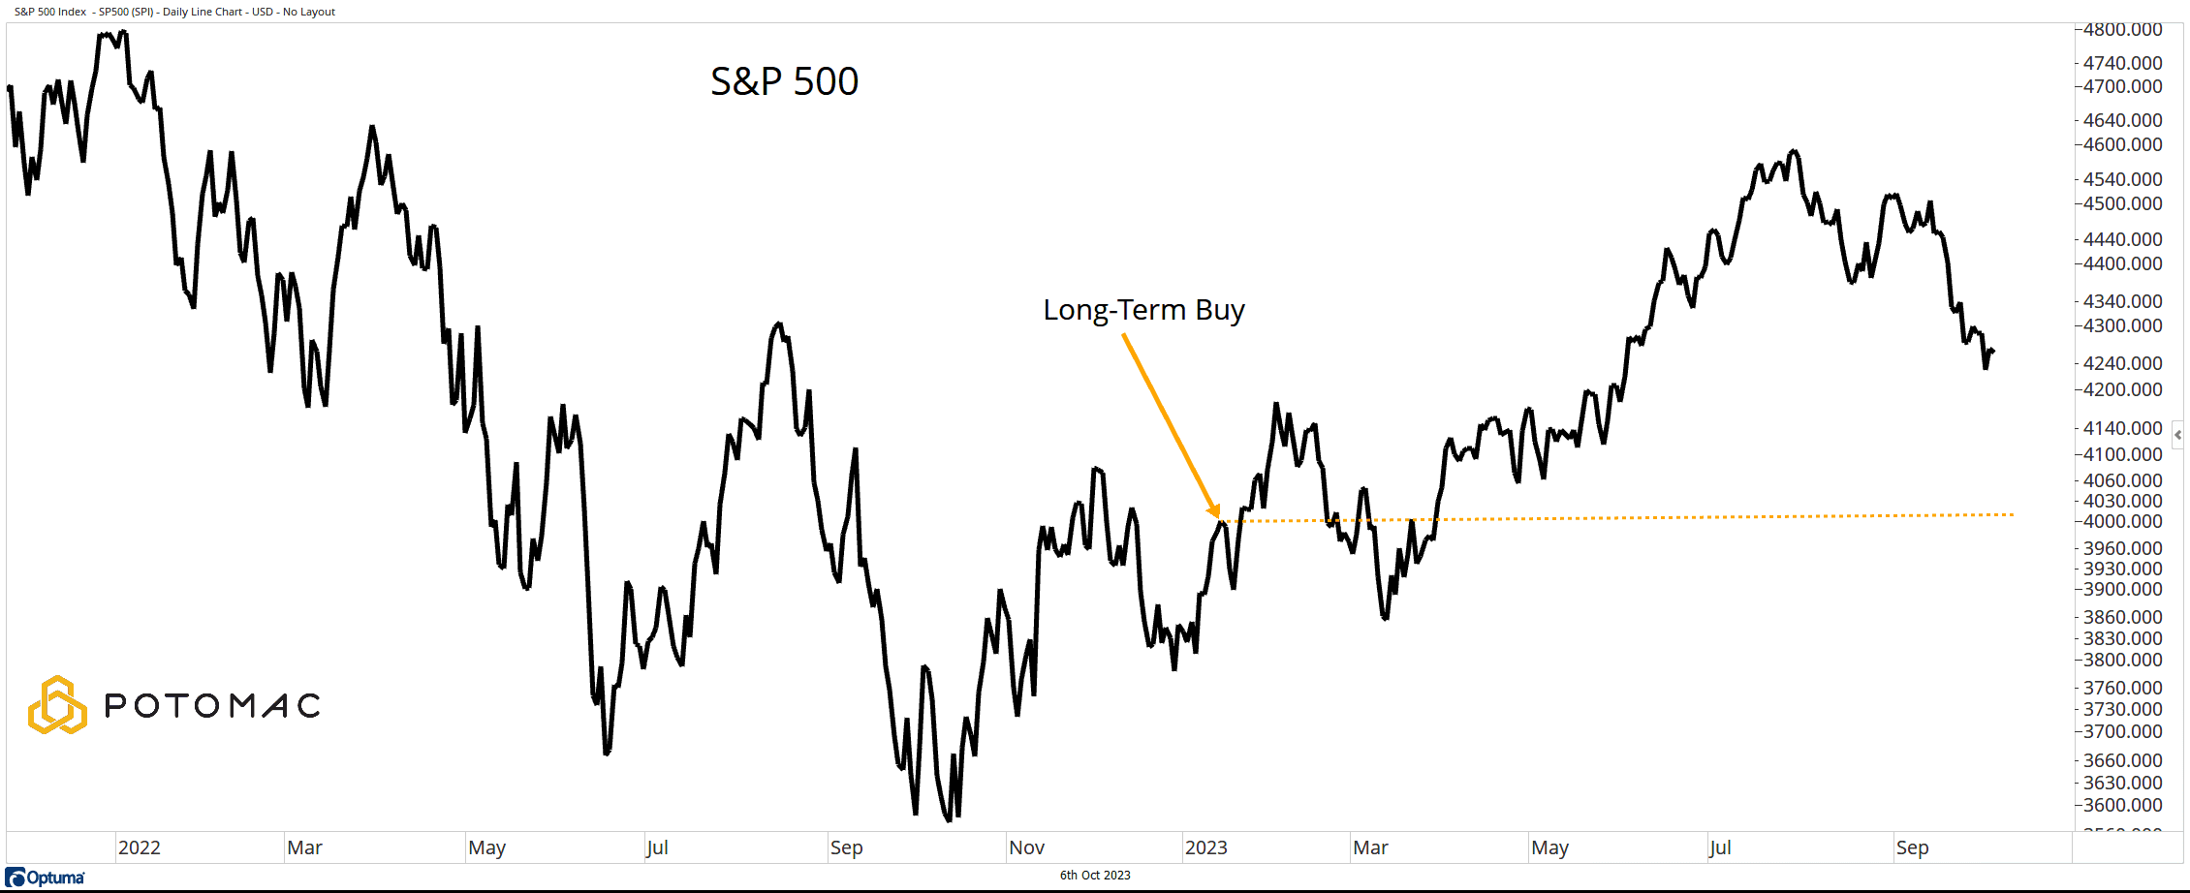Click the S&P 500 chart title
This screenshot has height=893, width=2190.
tap(784, 81)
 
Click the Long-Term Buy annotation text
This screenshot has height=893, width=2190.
tap(1143, 310)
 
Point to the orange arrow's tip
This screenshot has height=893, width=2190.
tap(1217, 516)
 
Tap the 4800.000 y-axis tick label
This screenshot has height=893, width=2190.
tap(2122, 30)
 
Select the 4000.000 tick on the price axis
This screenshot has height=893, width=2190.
tap(2122, 521)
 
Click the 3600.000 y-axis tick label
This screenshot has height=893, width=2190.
tap(2122, 805)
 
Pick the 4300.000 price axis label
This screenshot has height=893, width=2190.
tap(2122, 325)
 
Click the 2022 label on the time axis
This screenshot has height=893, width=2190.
tap(140, 847)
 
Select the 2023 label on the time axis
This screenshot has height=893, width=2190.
tap(1206, 847)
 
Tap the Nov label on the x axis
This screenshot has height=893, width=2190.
tap(1026, 847)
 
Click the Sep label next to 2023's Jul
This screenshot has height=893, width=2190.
tap(1912, 847)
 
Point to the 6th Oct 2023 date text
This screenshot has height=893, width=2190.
tap(1095, 876)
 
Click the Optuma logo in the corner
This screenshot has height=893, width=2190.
tap(46, 878)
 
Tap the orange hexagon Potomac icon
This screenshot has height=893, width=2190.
tap(57, 705)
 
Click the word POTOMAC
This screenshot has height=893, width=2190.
tap(212, 706)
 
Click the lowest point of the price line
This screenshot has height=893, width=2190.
tap(949, 820)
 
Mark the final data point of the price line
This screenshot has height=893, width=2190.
tap(1992, 351)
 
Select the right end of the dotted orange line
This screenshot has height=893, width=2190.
tap(2013, 514)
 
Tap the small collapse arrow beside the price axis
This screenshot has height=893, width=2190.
tap(2177, 435)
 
